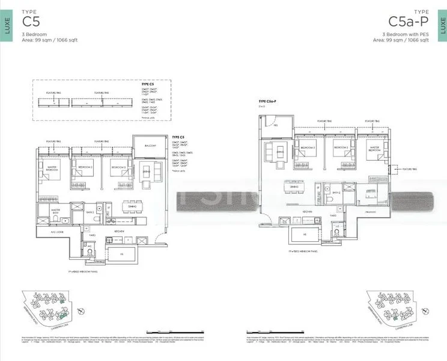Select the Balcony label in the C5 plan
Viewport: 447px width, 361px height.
coord(151,146)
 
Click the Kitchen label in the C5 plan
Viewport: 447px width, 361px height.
coord(120,232)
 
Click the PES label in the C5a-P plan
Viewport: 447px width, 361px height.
coord(276,126)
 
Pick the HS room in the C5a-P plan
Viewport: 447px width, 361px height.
coord(305,235)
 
